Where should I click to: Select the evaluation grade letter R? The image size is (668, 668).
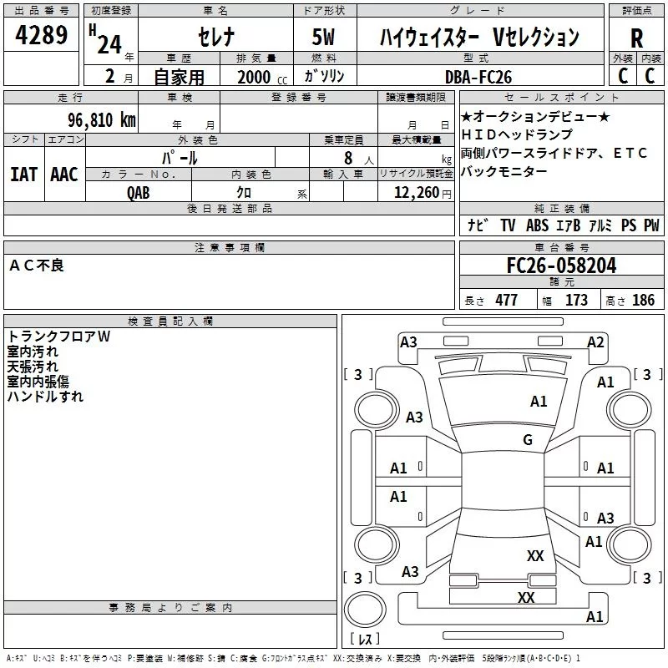tap(636, 38)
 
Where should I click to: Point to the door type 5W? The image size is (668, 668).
tap(325, 38)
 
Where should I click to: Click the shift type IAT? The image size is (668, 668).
tap(23, 175)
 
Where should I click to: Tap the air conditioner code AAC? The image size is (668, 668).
tap(63, 175)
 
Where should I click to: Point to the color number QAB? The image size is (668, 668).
tap(139, 191)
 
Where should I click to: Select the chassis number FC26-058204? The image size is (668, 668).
tap(561, 266)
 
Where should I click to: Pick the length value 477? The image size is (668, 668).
tap(505, 301)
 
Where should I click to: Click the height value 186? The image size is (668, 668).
tap(643, 301)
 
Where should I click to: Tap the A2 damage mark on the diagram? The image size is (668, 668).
tap(595, 342)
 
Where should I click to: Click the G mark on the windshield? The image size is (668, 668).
tap(528, 440)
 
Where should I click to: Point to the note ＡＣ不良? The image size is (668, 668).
tap(37, 266)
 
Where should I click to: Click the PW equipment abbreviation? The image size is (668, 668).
tap(651, 225)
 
